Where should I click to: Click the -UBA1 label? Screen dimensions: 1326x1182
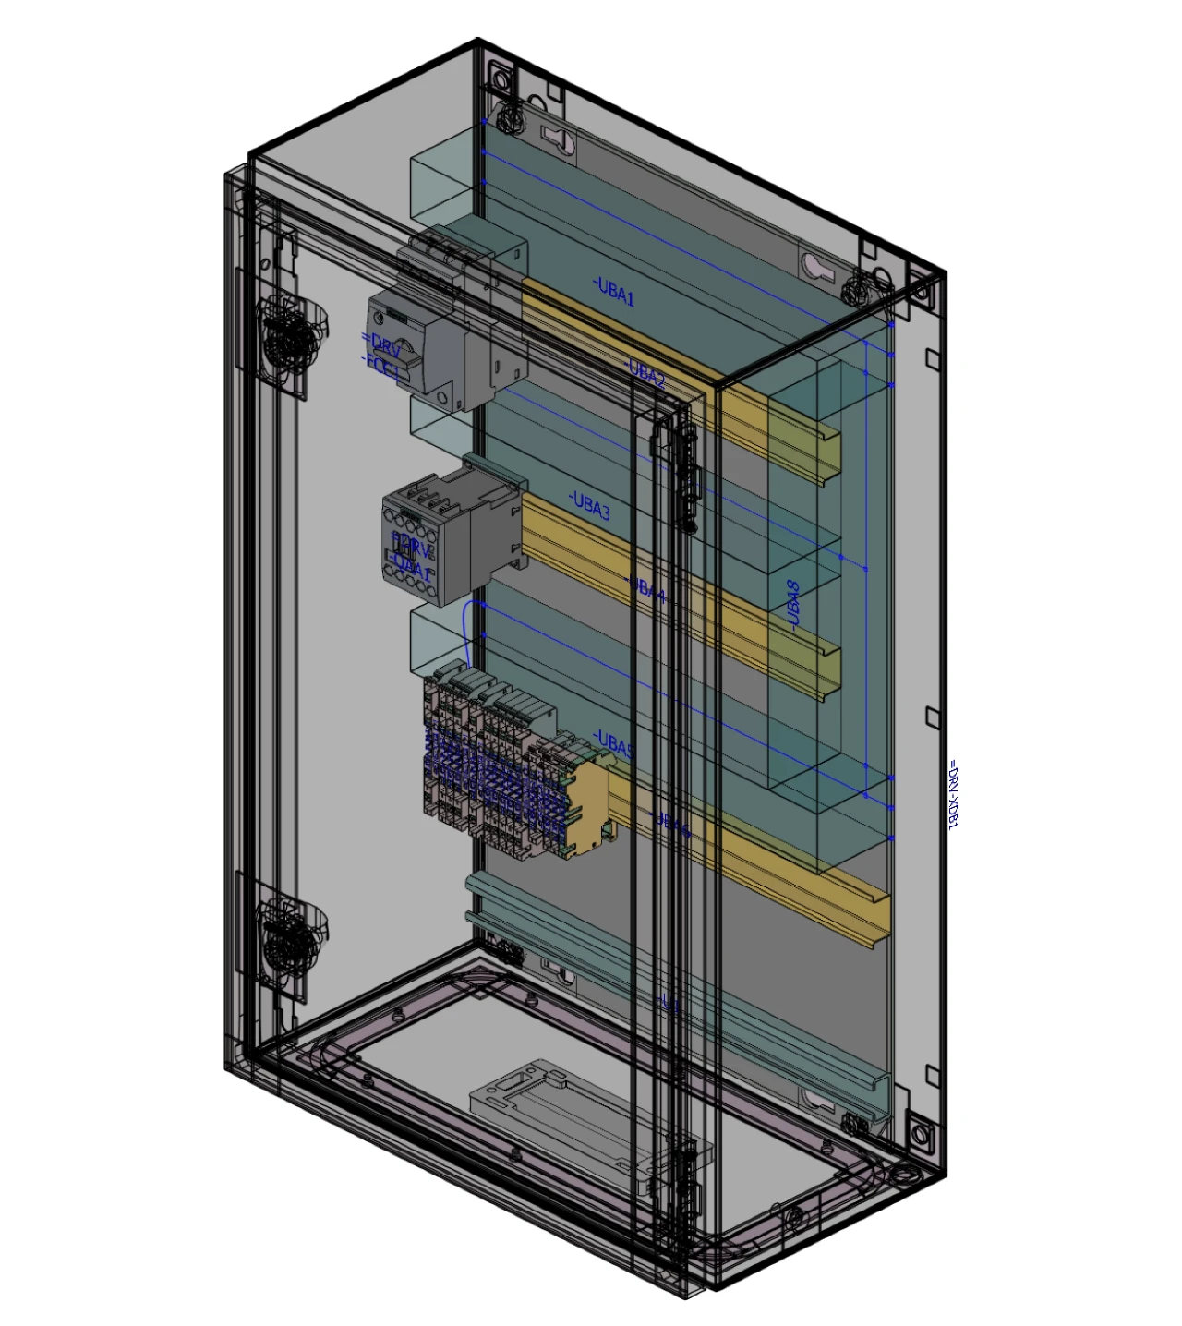pos(615,293)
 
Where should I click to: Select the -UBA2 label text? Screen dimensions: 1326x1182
pos(646,373)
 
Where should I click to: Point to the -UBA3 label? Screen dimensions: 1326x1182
pos(590,506)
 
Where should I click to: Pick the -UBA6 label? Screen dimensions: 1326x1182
pos(670,825)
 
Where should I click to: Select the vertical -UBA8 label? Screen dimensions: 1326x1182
pos(793,605)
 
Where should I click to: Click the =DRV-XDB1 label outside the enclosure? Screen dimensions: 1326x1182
pos(953,794)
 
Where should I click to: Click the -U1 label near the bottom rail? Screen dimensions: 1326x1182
pos(669,1004)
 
